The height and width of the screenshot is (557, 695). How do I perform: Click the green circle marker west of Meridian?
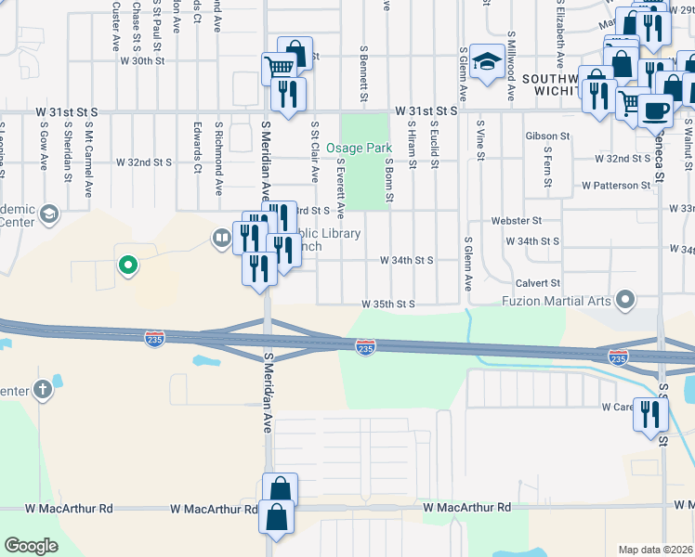tap(128, 266)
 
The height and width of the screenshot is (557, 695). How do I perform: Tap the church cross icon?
tap(43, 389)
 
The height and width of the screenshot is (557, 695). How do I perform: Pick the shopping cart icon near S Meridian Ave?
tap(278, 67)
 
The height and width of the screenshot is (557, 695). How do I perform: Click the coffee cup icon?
tap(655, 110)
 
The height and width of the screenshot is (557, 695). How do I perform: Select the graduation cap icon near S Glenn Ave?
tap(486, 61)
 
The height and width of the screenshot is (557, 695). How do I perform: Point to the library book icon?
tap(221, 238)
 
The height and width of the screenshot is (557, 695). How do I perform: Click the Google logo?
tap(32, 545)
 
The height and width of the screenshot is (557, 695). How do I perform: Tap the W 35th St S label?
tap(387, 304)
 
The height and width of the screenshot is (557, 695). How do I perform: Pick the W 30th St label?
tap(142, 60)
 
